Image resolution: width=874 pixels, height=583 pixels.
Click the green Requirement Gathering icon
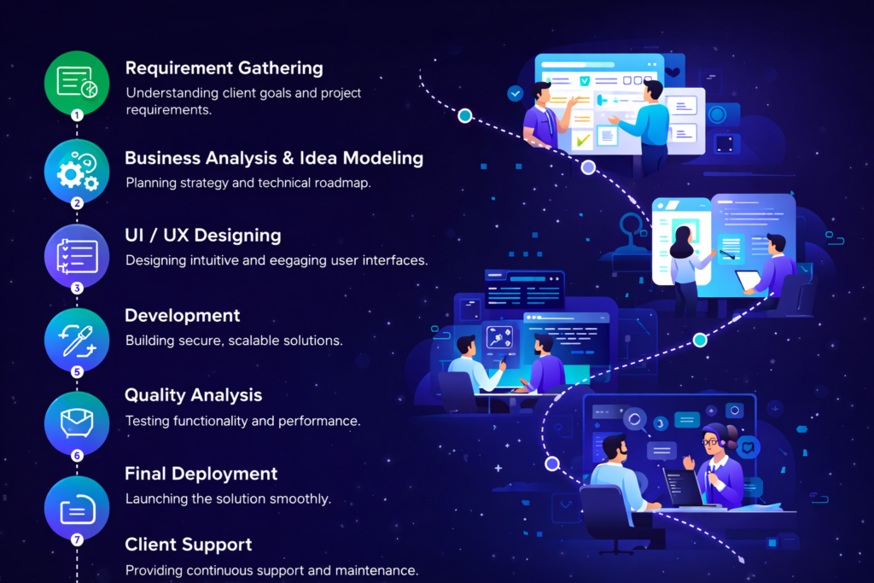pyautogui.click(x=77, y=82)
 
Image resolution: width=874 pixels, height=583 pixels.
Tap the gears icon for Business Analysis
pyautogui.click(x=77, y=172)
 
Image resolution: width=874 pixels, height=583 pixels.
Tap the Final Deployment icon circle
pyautogui.click(x=77, y=509)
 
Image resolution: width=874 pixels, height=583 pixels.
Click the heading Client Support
pyautogui.click(x=188, y=545)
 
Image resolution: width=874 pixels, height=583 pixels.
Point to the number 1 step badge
pyautogui.click(x=77, y=114)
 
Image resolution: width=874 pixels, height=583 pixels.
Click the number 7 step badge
pyautogui.click(x=77, y=539)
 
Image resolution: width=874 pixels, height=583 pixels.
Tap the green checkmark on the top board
pyautogui.click(x=583, y=138)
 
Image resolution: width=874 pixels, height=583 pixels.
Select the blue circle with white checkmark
pyautogui.click(x=515, y=93)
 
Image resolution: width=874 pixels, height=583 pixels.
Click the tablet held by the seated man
pyautogui.click(x=749, y=280)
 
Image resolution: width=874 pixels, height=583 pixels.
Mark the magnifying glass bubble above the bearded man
pyautogui.click(x=634, y=419)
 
